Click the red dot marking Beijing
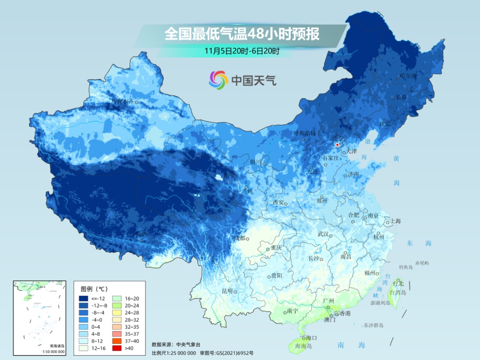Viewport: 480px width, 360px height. coord(338,145)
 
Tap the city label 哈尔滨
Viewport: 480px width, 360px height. coord(408,76)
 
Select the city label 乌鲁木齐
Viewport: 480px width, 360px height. coord(122,101)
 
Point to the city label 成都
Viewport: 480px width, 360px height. coord(239,238)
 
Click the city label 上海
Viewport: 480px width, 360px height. coord(395,221)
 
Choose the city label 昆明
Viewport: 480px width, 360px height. coord(227,291)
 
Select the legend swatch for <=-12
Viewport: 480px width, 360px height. coord(84,298)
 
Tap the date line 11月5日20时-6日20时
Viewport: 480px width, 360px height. coord(242,51)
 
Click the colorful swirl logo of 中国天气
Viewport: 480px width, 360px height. coord(218,80)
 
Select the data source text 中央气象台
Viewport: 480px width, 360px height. coord(188,344)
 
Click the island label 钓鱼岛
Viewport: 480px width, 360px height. coord(406,267)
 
